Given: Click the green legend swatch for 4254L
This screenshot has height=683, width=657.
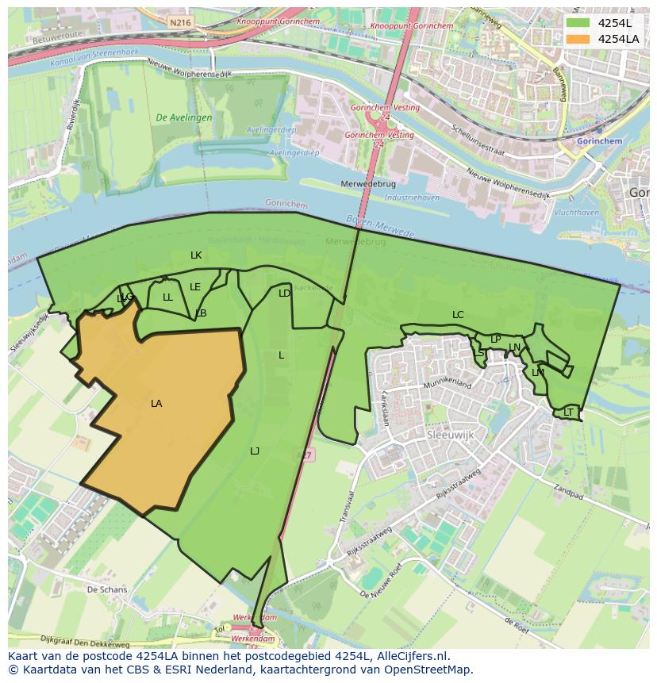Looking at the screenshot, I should coord(578,23).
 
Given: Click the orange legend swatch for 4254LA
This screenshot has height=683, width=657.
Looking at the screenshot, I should coord(578,39).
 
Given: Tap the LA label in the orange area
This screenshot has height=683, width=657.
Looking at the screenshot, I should coord(156,404).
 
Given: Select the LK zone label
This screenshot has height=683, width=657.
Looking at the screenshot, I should coord(196,255).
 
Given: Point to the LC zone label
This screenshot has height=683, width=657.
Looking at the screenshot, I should coord(458,315).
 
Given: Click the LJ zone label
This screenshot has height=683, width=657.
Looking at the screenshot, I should coord(255,451).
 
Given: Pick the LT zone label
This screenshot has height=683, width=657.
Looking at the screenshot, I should coord(568,412).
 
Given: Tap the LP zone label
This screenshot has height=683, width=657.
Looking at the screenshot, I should coord(495,340).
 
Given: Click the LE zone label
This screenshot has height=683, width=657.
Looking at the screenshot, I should coord(195,287).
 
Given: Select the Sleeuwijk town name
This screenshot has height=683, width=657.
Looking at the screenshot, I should coord(450,436).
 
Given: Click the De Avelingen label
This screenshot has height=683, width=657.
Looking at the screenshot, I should coord(184,117).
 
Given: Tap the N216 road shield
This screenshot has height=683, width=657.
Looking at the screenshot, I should coord(180,23).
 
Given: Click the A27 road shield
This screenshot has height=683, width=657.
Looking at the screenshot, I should coord(305,455).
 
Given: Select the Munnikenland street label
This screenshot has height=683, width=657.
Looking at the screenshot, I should coord(447,386).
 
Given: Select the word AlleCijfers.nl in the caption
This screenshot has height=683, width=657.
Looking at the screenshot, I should coord(412,657).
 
